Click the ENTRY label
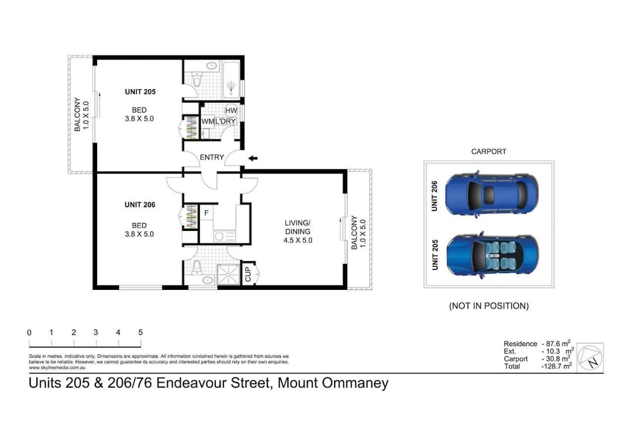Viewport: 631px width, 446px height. click(x=212, y=157)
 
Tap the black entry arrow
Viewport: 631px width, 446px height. click(x=253, y=158)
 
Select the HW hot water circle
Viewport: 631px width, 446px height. click(x=231, y=111)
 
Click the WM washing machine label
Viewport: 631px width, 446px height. click(x=207, y=121)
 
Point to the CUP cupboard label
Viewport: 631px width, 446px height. click(x=248, y=274)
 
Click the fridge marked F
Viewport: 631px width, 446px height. click(x=206, y=213)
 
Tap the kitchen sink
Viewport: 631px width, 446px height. click(x=225, y=236)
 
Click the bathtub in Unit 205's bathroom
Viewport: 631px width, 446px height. click(x=231, y=80)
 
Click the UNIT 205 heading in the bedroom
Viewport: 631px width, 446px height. click(x=140, y=92)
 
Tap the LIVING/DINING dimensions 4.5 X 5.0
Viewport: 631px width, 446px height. click(x=298, y=240)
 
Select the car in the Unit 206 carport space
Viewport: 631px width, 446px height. click(x=491, y=195)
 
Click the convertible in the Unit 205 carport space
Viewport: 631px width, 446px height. click(x=492, y=255)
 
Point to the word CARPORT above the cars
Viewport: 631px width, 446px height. click(x=488, y=152)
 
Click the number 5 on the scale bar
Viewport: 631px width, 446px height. click(x=140, y=333)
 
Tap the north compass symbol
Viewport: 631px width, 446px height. click(x=590, y=358)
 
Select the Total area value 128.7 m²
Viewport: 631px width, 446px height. click(x=557, y=366)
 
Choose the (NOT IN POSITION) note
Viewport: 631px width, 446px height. click(x=489, y=306)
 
